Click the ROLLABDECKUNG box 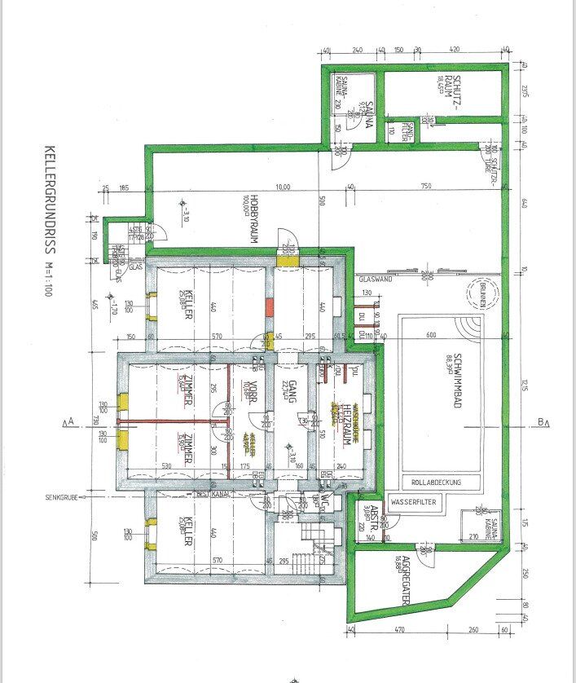(437, 483)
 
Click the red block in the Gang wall (267, 309)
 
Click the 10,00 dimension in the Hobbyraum (283, 187)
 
